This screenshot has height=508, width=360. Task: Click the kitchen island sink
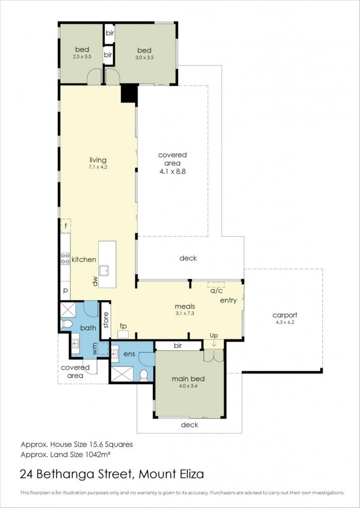(104, 270)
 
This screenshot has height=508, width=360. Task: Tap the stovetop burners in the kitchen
(65, 258)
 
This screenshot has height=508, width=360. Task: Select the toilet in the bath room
(67, 323)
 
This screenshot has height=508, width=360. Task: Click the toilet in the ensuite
(144, 375)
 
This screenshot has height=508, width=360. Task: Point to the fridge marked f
(66, 226)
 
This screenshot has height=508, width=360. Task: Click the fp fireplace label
(123, 325)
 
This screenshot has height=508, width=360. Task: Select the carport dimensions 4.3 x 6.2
(285, 322)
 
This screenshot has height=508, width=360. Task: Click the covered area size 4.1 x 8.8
(172, 172)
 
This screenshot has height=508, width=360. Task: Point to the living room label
(98, 160)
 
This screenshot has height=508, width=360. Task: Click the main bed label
(188, 379)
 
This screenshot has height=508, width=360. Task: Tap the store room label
(106, 320)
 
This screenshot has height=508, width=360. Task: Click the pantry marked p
(65, 290)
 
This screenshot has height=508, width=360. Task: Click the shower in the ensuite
(122, 374)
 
